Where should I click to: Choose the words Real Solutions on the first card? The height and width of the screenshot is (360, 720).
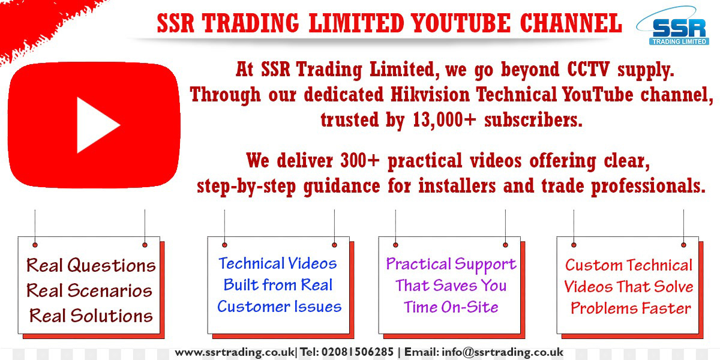coord(91,316)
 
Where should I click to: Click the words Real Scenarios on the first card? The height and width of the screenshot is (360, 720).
coord(89,291)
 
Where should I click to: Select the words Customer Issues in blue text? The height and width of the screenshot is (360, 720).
coord(279,307)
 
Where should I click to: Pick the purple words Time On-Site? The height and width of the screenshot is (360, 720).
coord(451,307)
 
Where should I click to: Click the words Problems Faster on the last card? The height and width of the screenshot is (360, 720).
coord(630,308)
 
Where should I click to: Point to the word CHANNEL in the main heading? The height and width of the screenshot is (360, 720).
coord(571,23)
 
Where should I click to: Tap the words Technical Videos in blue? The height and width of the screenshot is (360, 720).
coord(278,263)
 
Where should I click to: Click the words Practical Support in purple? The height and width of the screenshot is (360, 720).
coord(451,264)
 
